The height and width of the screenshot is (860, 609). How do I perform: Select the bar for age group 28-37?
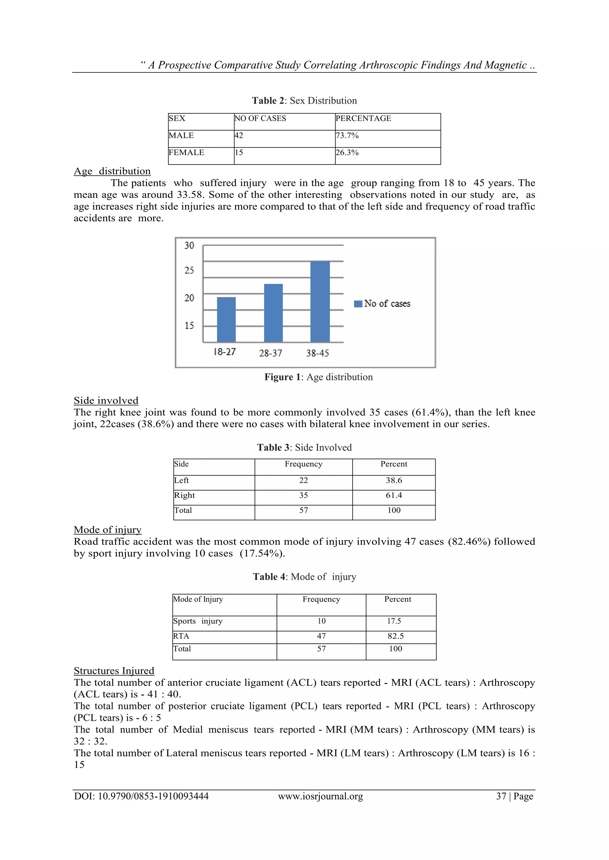273,313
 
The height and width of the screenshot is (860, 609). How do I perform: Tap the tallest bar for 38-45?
320,302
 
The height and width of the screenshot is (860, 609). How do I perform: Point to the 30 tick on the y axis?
189,245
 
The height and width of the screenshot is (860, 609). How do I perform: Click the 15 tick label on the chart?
189,326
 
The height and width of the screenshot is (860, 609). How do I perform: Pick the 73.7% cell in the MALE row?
347,135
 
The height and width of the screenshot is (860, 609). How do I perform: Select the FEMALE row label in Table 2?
186,152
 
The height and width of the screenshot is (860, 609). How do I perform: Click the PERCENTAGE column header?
363,118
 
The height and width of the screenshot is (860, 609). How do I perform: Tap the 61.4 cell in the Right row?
394,495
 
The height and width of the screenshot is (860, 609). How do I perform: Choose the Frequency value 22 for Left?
303,480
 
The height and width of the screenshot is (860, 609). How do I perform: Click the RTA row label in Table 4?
181,636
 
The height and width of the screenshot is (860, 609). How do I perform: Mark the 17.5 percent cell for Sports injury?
394,621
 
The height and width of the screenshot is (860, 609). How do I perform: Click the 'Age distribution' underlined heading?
112,171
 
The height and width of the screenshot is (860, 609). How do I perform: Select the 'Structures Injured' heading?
114,670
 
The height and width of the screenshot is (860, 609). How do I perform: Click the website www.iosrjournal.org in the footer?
320,804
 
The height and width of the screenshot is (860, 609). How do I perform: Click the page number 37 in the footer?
501,804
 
